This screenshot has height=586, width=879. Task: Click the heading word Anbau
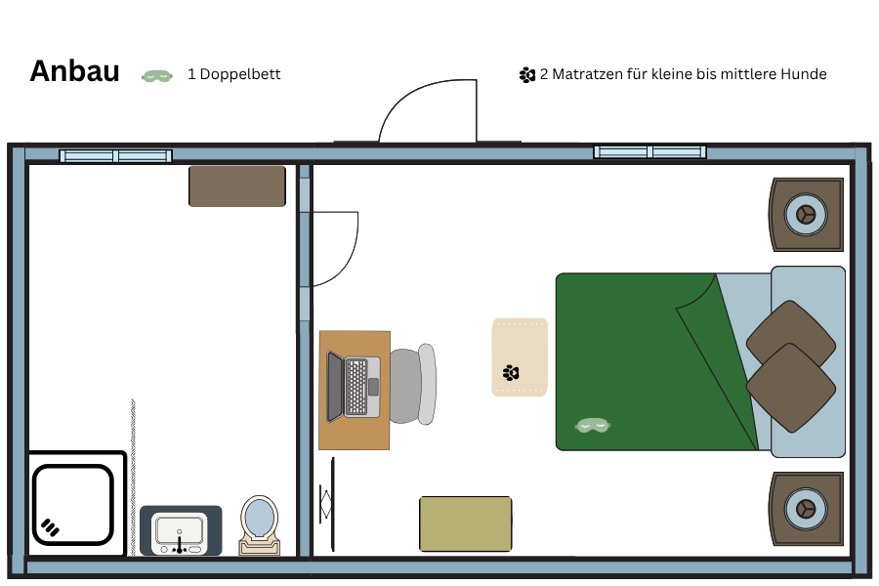coord(74,71)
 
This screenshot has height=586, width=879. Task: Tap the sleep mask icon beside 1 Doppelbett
coord(157,76)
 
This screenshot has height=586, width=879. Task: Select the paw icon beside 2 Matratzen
coord(527,74)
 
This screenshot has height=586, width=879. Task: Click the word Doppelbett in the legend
coord(240,74)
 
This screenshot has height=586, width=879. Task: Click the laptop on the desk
coord(354,387)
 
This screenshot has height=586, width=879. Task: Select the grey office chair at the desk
coord(412,385)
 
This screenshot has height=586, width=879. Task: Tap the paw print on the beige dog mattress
coord(511,372)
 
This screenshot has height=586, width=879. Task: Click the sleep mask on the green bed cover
coord(593,426)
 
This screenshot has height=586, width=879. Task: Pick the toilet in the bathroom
coord(259,524)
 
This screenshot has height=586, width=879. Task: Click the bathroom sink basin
coord(180,531)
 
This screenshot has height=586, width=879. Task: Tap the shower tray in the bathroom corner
coord(73,504)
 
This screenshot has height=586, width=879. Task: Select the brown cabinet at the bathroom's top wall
coord(237,187)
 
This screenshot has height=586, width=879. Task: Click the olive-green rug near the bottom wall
coord(465,523)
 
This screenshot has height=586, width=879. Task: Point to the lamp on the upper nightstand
coord(806,214)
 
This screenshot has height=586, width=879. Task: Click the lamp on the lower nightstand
coord(806,509)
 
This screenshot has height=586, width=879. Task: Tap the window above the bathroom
coord(115,155)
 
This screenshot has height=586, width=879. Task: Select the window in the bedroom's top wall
coord(649,151)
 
